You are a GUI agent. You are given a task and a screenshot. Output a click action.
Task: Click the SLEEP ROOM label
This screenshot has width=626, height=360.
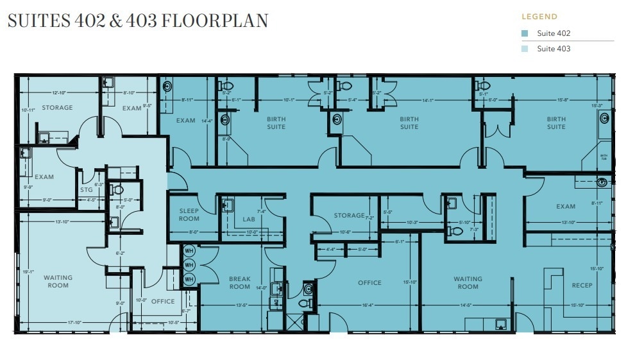189,215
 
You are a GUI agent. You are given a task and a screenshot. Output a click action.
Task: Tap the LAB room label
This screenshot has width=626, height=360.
249,219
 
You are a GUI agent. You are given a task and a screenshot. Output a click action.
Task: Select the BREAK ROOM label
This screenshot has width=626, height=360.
240,283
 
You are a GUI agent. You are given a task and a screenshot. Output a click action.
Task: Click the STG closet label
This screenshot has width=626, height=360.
87,190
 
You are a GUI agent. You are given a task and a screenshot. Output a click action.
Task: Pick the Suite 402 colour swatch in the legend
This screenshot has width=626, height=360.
525,33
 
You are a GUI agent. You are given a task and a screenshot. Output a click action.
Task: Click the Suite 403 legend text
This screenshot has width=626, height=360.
554,49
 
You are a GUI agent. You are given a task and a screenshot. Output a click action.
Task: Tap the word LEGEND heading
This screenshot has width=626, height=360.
539,17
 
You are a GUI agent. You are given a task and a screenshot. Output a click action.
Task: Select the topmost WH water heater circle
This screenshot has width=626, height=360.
189,250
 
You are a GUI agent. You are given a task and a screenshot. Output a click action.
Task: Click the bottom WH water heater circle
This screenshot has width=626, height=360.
189,279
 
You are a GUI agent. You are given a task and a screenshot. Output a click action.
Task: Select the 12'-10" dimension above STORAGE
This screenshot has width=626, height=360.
59,93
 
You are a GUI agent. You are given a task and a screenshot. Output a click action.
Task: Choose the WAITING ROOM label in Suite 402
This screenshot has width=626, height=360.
468,283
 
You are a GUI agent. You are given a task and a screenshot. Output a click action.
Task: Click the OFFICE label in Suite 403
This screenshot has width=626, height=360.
163,302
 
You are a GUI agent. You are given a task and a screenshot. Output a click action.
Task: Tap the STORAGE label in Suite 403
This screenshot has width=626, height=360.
57,108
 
